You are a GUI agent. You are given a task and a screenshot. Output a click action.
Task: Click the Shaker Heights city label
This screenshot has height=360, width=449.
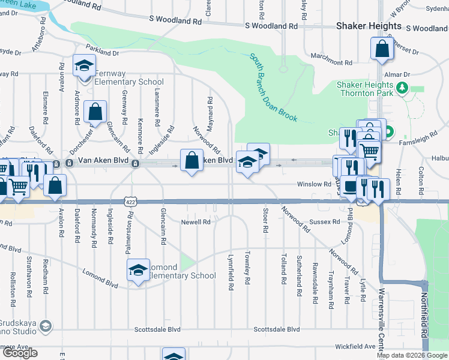(x=369, y=26)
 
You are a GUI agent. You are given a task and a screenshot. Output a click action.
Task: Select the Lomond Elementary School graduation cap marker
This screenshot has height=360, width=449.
(x=138, y=271)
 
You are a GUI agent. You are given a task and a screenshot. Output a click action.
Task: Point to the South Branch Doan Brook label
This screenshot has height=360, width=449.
(x=274, y=88)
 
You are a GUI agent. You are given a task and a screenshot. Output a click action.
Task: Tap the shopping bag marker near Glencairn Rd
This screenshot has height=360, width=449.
(x=95, y=112)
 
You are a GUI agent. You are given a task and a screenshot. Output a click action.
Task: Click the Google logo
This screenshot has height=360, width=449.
(x=19, y=353)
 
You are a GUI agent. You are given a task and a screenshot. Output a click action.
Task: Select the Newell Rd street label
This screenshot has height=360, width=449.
(x=196, y=222)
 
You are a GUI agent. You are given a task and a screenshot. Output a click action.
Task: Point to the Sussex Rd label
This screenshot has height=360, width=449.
(x=325, y=221)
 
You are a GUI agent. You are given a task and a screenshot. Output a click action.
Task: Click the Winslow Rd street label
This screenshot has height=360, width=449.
(x=315, y=184)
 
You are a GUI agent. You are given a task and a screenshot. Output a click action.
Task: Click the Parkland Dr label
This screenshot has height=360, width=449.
(x=103, y=52)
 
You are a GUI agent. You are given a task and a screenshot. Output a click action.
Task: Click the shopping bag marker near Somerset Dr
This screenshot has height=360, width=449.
(x=382, y=49)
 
